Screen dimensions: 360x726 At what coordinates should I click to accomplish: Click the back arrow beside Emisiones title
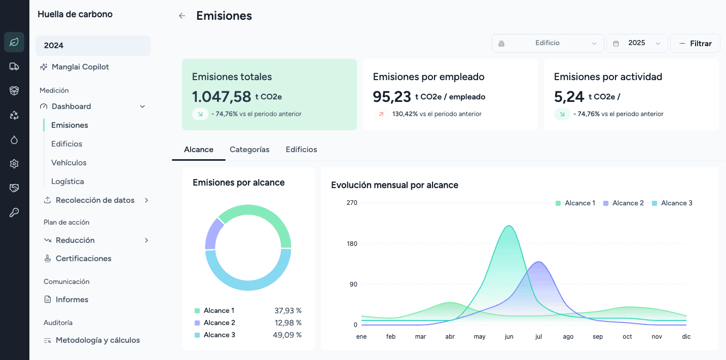(182, 16)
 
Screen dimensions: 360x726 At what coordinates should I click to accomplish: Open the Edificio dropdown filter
(548, 43)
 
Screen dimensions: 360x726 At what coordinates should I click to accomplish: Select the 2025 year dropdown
(637, 43)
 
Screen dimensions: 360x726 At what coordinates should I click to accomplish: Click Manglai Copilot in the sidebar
(80, 67)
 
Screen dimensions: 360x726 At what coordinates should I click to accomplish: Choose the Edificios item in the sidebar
(66, 144)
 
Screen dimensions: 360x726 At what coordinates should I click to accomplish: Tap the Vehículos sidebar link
(68, 163)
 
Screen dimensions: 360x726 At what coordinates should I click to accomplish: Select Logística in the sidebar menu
(67, 182)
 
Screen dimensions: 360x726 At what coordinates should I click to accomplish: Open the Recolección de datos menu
(95, 200)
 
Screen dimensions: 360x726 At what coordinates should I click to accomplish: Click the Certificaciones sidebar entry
(83, 259)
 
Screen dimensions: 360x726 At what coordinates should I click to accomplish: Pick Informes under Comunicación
(71, 300)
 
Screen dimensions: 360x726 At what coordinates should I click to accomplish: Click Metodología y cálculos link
(97, 340)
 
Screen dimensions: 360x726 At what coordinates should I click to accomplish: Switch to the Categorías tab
(249, 150)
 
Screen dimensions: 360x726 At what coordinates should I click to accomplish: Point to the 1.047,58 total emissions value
(222, 96)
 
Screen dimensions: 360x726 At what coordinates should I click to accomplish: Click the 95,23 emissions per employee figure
(391, 96)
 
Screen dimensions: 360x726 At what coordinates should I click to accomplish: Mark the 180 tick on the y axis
(352, 244)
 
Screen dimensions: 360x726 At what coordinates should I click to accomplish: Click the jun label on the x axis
(509, 337)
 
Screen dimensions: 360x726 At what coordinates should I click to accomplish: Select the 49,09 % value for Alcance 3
(287, 335)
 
